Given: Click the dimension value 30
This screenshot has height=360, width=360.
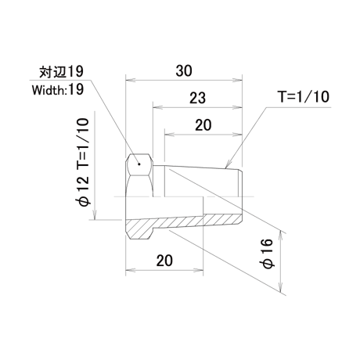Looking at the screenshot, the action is pyautogui.click(x=184, y=71).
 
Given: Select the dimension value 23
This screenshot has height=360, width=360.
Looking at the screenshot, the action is pyautogui.click(x=198, y=98).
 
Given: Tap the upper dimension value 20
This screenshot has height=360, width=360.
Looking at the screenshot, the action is pyautogui.click(x=203, y=125).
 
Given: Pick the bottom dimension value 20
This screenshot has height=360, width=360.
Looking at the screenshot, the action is pyautogui.click(x=164, y=261).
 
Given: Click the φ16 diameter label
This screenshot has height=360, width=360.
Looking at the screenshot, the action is pyautogui.click(x=268, y=254).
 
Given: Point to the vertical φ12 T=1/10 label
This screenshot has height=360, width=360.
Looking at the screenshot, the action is pyautogui.click(x=84, y=162).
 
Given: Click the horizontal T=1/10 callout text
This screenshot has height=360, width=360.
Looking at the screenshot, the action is pyautogui.click(x=304, y=97).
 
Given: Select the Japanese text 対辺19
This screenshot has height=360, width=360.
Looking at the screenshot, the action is pyautogui.click(x=62, y=71).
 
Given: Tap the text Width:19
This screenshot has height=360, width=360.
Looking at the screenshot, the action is pyautogui.click(x=58, y=90).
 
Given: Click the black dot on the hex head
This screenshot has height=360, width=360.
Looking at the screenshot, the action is pyautogui.click(x=139, y=164).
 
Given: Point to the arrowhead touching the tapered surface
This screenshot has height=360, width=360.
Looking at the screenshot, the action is pyautogui.click(x=227, y=164).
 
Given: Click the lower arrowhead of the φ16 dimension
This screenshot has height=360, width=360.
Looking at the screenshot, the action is pyautogui.click(x=281, y=287).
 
